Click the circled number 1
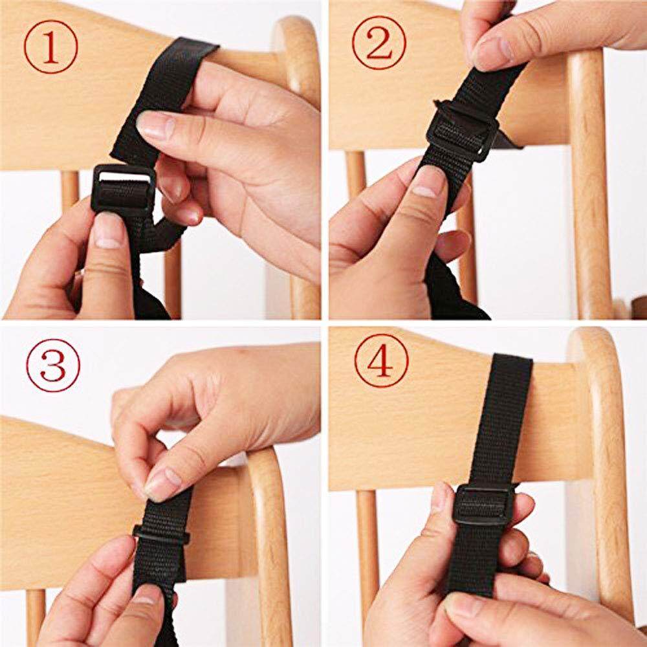tap(50, 47)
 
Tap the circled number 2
tap(378, 43)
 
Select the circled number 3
tap(53, 366)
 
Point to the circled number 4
tap(381, 360)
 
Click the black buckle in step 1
tap(123, 188)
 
